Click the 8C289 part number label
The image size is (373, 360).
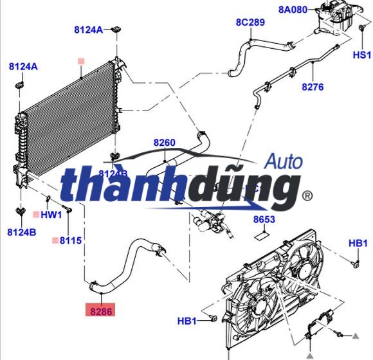(250, 22)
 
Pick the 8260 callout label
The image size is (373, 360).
(164, 142)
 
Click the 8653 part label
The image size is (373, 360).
(264, 220)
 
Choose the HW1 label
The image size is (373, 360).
(51, 214)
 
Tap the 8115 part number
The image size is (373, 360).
(71, 240)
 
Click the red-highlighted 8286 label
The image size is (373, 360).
(102, 310)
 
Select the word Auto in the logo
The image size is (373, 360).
(284, 161)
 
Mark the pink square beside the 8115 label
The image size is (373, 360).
(55, 240)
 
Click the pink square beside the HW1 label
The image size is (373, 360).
(36, 214)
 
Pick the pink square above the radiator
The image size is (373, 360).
(81, 62)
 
